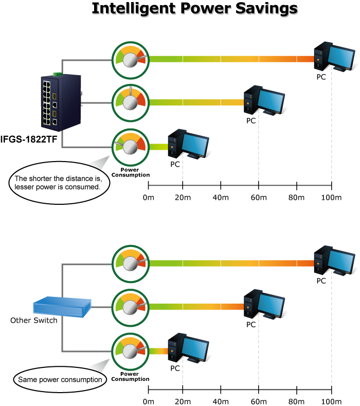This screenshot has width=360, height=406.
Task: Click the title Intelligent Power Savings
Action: coord(194,9)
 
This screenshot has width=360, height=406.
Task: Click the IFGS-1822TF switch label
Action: coord(29,138)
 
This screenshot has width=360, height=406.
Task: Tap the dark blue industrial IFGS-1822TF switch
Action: coord(60,101)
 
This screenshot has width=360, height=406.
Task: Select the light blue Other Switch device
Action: coord(62,306)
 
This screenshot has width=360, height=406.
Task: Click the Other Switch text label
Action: coord(34,321)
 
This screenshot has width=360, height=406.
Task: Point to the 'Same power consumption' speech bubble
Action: coord(60,380)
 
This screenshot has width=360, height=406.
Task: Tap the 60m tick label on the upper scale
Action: coord(258,199)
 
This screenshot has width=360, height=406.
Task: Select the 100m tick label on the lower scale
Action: coord(331,401)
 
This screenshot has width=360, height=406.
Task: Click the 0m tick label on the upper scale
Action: coord(148,199)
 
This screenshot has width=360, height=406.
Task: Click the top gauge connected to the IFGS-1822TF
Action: coord(131,58)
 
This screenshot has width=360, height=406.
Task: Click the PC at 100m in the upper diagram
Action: coord(334,57)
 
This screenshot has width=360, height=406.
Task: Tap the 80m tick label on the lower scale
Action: coord(297,401)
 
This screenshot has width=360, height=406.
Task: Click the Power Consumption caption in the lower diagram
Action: coord(130,377)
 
